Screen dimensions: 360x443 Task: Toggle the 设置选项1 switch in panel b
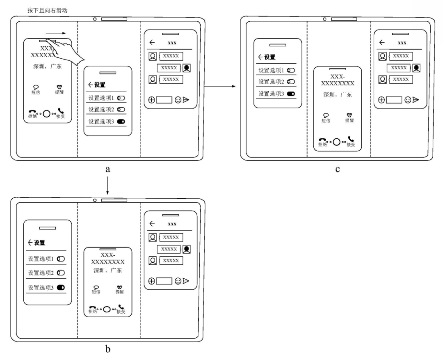tap(61, 259)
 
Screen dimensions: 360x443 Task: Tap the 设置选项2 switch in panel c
tap(291, 82)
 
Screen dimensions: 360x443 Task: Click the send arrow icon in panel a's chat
tap(186, 99)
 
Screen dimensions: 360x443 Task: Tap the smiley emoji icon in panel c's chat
tap(408, 99)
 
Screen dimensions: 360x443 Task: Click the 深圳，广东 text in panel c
tap(337, 95)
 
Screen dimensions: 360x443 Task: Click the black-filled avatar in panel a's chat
tap(187, 68)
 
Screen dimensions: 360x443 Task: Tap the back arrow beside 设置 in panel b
tap(30, 243)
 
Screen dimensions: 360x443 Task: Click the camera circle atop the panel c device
tap(324, 19)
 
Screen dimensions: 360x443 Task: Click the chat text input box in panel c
tap(394, 99)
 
